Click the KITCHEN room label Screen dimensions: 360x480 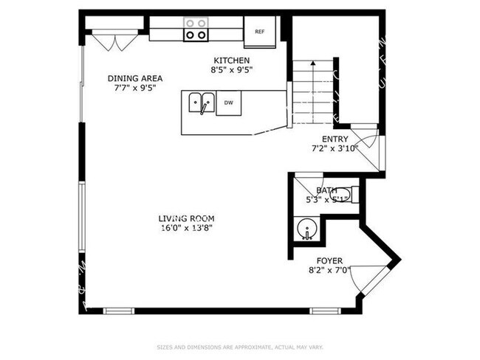(232, 60)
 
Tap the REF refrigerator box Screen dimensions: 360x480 (260, 32)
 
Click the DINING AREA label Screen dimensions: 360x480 (135, 78)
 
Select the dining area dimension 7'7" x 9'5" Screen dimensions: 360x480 (135, 88)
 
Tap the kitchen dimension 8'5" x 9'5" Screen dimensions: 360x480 (232, 71)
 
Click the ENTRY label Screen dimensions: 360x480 (335, 139)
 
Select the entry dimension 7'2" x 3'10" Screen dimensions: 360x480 (335, 148)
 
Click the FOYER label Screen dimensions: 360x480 (329, 261)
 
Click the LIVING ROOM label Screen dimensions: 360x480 (186, 218)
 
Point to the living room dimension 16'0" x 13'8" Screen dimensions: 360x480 (186, 228)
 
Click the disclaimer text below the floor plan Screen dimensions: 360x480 (240, 347)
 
